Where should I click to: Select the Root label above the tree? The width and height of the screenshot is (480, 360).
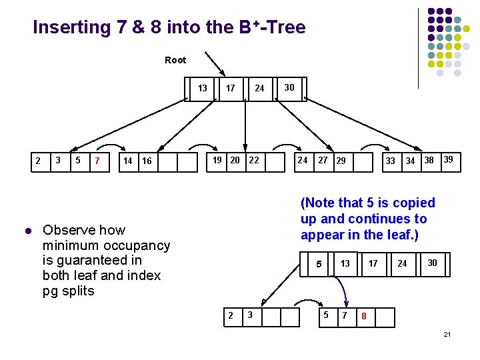click(175, 60)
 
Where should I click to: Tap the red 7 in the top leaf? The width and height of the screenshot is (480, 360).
click(98, 161)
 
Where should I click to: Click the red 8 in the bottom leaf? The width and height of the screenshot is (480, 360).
click(364, 316)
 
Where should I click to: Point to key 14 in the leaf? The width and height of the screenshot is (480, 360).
click(128, 161)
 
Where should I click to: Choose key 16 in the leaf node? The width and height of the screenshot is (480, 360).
click(147, 161)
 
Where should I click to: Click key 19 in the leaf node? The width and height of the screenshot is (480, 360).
click(217, 160)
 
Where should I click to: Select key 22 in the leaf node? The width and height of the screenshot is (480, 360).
click(254, 160)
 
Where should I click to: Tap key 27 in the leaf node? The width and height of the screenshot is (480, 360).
click(323, 160)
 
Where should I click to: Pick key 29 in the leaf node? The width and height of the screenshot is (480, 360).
click(341, 161)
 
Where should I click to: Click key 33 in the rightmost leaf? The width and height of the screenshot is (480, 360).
click(391, 161)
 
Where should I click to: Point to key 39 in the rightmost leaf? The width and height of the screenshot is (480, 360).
click(449, 159)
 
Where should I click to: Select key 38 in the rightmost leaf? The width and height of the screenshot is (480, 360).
click(429, 160)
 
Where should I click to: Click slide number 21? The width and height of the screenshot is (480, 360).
click(447, 333)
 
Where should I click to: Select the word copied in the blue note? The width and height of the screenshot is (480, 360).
click(412, 203)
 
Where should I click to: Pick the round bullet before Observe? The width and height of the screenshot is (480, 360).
click(27, 231)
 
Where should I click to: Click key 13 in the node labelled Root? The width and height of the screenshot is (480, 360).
click(203, 87)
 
